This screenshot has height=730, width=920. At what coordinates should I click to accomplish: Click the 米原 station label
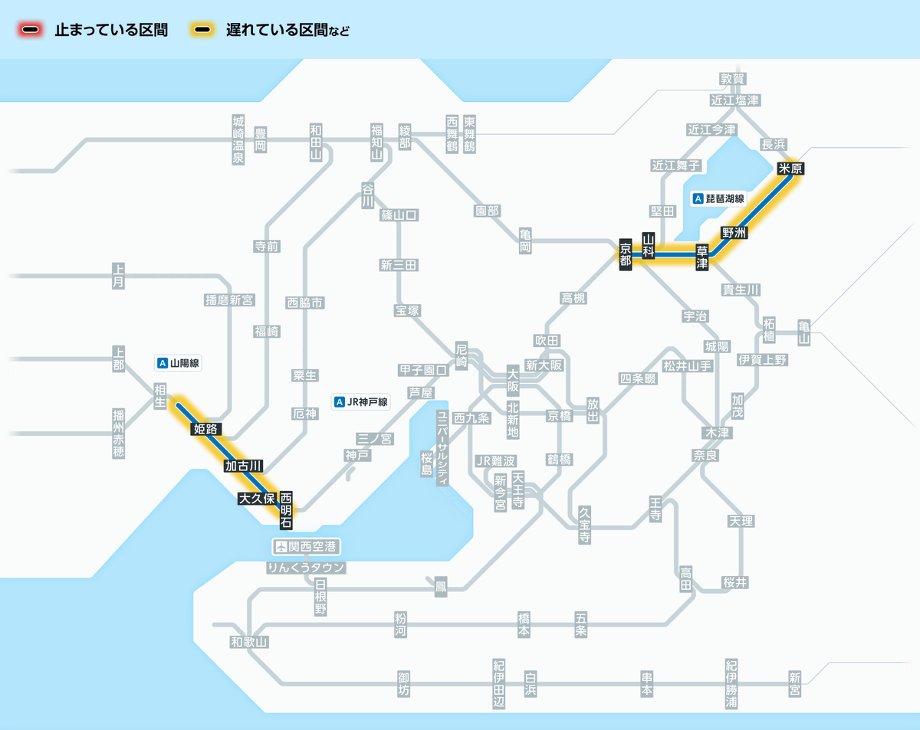[790, 169]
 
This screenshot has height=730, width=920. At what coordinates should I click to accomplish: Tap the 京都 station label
[626, 253]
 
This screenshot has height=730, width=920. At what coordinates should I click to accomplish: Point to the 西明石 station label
[286, 510]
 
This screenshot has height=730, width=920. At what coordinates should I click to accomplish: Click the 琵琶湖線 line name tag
[718, 198]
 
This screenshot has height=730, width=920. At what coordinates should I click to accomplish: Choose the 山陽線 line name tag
[178, 363]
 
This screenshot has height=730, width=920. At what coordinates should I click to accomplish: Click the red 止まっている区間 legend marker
[31, 31]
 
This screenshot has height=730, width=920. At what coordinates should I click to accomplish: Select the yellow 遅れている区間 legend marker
[203, 31]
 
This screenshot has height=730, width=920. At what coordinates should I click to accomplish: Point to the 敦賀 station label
[732, 79]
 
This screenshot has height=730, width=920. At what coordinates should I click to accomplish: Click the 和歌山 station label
[250, 642]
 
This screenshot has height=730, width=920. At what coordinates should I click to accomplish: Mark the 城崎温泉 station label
[238, 139]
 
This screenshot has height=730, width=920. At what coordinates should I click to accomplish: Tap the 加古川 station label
[244, 466]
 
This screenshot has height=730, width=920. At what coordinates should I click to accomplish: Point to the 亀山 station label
[803, 332]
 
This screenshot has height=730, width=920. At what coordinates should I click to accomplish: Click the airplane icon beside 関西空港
[281, 547]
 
